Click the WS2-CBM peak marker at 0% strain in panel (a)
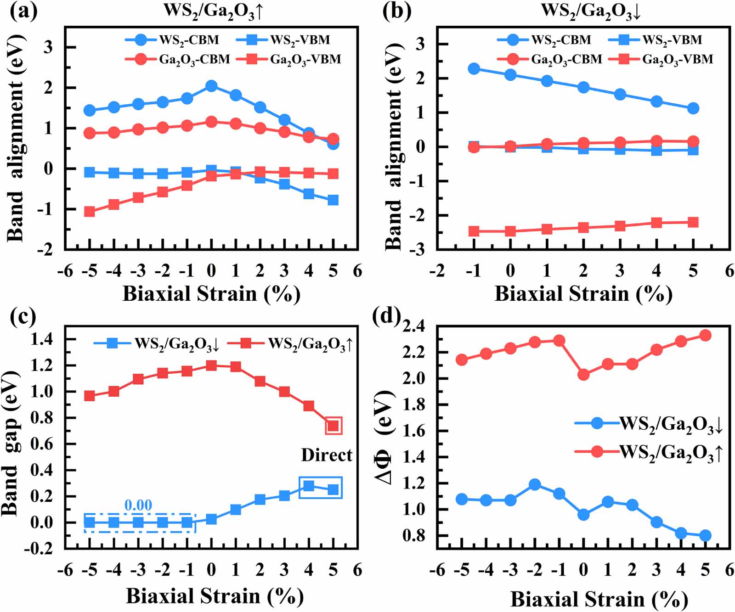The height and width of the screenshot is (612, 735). [211, 86]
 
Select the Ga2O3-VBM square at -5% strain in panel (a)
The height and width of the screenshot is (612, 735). [90, 212]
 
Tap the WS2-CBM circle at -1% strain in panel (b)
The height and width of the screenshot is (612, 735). [474, 69]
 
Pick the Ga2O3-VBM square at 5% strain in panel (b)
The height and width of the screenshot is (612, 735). [693, 223]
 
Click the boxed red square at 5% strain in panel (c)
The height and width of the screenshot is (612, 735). [334, 426]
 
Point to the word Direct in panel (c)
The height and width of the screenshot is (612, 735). [327, 455]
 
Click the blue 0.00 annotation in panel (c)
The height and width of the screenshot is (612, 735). [138, 505]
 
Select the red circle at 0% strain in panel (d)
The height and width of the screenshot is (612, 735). [583, 375]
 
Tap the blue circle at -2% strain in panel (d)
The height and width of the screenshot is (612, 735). [535, 484]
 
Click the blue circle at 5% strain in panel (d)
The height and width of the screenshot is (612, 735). [705, 535]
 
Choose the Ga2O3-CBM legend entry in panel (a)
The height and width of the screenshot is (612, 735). [179, 59]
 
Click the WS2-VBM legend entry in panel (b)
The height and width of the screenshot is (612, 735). [657, 40]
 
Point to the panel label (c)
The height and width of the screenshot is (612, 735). [23, 316]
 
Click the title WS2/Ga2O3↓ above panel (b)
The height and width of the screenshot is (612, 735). [591, 10]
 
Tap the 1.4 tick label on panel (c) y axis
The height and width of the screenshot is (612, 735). [42, 339]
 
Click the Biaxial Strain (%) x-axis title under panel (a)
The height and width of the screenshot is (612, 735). [211, 294]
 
